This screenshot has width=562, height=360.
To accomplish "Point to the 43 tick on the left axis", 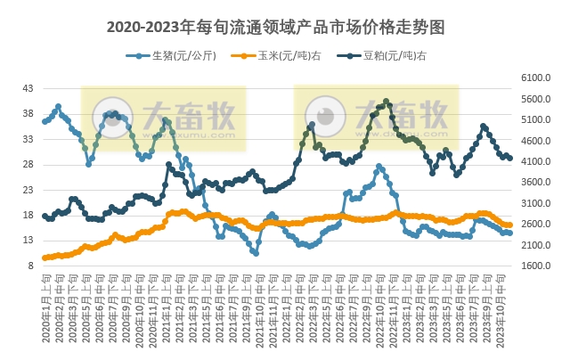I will point(28,88).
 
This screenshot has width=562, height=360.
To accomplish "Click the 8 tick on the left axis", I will point(30,266).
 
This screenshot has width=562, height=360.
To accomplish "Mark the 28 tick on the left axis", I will point(28,164).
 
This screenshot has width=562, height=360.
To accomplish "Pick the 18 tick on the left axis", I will point(28,215).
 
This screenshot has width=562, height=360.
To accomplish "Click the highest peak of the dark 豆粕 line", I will point(386,101).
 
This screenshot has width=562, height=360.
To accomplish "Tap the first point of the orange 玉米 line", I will point(45,258).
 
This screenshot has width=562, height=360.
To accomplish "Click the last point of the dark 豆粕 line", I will point(509,159).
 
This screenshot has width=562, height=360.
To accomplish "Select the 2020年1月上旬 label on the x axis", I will point(45,303).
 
